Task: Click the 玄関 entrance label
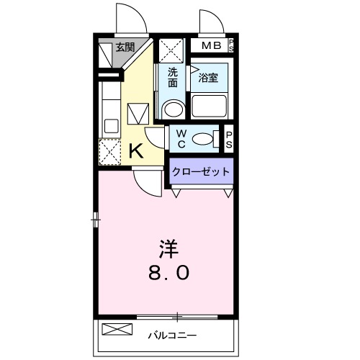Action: [125, 48]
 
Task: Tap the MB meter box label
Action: [212, 46]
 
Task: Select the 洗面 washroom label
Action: [173, 78]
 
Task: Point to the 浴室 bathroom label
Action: [209, 78]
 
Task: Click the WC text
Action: [180, 138]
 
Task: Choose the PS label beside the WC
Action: [229, 138]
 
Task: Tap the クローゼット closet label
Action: [202, 171]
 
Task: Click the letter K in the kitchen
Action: [135, 151]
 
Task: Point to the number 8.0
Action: [170, 274]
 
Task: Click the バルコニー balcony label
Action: [168, 334]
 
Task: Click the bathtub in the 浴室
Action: [210, 109]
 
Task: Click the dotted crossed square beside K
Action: [110, 152]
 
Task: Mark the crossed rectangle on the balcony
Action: [117, 330]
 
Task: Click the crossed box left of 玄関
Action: [105, 49]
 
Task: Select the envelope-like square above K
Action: [138, 114]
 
